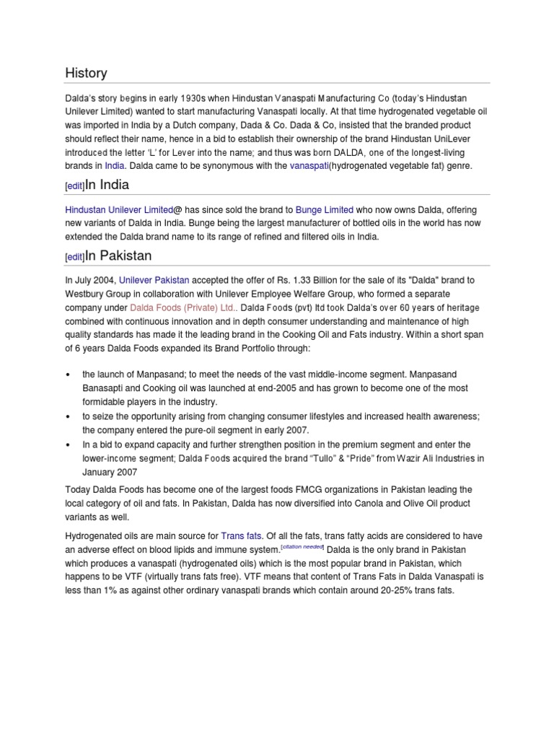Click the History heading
pos(86,73)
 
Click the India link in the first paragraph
pos(115,165)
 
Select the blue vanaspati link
pos(309,165)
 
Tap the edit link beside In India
pos(74,186)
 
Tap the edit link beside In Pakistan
pos(74,258)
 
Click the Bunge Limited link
pos(324,209)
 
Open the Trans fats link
pos(242,535)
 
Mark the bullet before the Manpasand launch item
pos(68,375)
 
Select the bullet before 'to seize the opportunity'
pos(68,416)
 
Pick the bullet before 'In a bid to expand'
pos(68,445)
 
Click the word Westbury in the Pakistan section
pos(87,293)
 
